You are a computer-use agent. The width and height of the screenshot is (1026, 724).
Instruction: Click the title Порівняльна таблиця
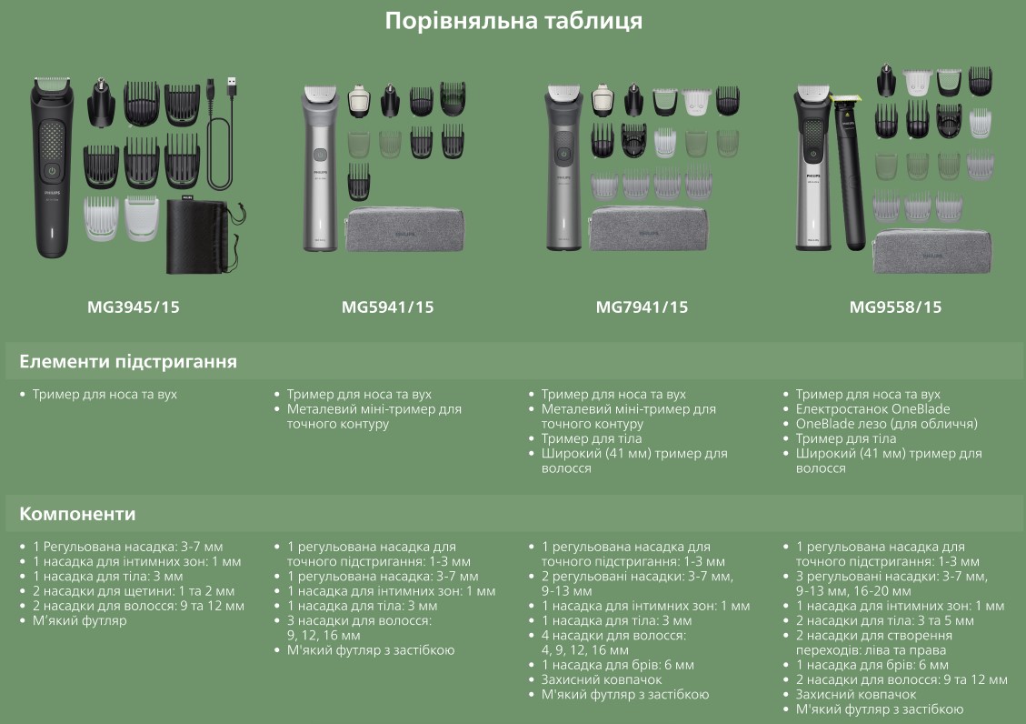point(513,21)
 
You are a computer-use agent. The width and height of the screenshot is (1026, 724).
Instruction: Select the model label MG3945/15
point(134,307)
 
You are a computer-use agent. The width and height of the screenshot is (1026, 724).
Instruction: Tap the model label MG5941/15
point(387,307)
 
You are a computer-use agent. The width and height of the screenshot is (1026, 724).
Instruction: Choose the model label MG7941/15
point(642,307)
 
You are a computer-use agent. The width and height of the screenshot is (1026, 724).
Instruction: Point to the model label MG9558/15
point(895,307)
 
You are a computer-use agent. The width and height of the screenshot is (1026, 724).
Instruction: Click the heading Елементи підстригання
point(128,362)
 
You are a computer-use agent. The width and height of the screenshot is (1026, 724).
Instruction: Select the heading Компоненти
point(77,514)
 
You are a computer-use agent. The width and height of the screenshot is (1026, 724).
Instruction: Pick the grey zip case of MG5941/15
point(405,229)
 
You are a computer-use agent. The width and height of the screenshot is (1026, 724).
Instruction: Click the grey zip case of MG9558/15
point(931,250)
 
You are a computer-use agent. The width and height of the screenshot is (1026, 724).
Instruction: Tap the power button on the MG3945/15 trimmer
point(52,171)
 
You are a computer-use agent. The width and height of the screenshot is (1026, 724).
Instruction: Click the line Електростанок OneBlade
point(873,409)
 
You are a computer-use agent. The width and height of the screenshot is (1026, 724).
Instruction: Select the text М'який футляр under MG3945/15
point(79,620)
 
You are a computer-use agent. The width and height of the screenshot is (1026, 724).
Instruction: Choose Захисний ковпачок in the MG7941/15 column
point(602,679)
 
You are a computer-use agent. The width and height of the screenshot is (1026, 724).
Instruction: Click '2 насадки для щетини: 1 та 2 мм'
point(134,591)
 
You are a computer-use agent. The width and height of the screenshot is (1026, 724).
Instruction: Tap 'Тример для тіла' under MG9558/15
point(845,438)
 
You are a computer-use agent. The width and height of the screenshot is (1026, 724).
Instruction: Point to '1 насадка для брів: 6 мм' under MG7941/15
point(618,665)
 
